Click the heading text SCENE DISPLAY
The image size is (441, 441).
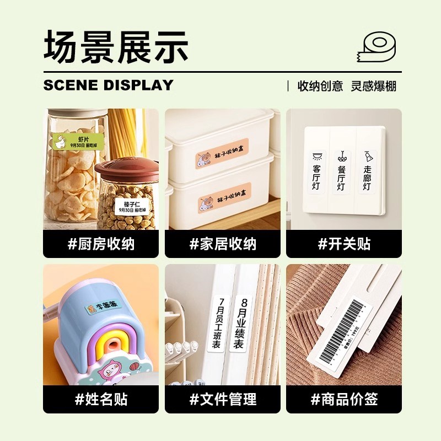[x=108, y=85]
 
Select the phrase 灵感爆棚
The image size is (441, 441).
[x=374, y=86]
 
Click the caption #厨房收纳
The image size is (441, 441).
[x=101, y=244]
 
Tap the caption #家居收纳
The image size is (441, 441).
[x=223, y=244]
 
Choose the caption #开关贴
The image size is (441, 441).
[x=343, y=244]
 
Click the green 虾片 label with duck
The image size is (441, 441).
[x=77, y=141]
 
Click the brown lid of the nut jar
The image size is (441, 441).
[x=127, y=170]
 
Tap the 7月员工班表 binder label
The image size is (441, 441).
[x=217, y=324]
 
